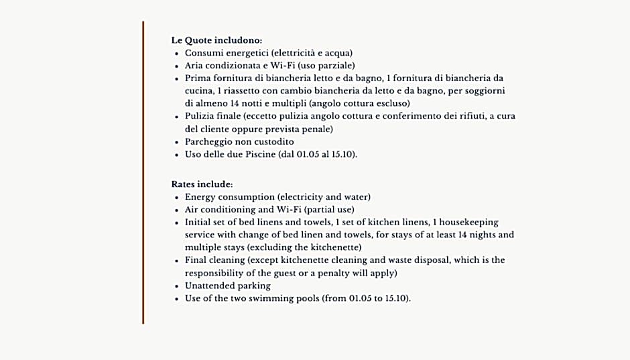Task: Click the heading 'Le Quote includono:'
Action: (216, 40)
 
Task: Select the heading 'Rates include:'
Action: (202, 184)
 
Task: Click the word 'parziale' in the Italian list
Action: (332, 66)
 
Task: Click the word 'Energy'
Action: (200, 197)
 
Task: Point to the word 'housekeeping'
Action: (469, 223)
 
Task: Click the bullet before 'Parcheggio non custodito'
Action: (176, 143)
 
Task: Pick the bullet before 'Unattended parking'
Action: (176, 287)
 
